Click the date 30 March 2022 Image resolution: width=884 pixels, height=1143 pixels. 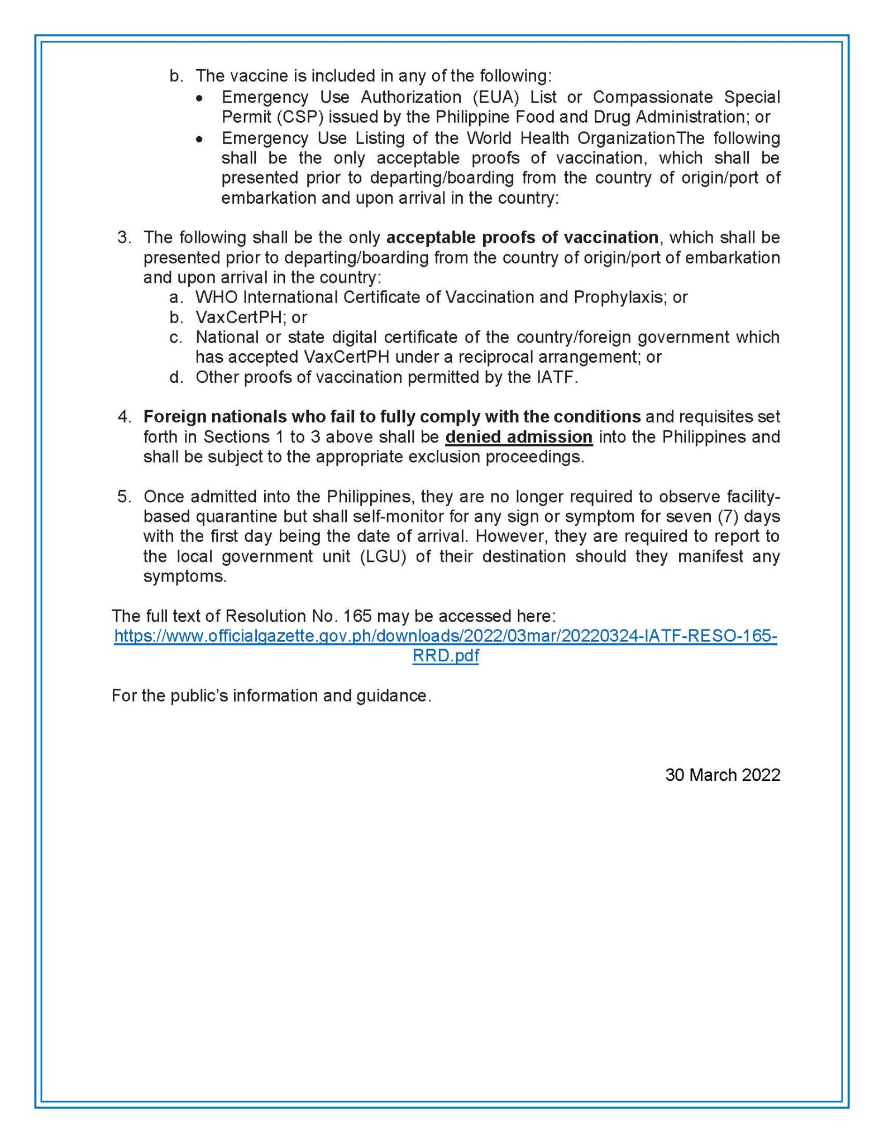tap(722, 775)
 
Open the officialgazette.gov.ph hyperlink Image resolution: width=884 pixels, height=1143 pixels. tap(445, 636)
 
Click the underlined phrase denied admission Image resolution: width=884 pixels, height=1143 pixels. tap(518, 437)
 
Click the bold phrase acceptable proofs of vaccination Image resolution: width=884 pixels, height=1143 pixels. tap(522, 238)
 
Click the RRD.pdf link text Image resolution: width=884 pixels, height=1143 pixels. tap(445, 656)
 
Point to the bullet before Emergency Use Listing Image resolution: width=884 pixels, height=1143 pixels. tap(199, 139)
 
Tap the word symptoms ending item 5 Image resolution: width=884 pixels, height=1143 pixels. tap(184, 577)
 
